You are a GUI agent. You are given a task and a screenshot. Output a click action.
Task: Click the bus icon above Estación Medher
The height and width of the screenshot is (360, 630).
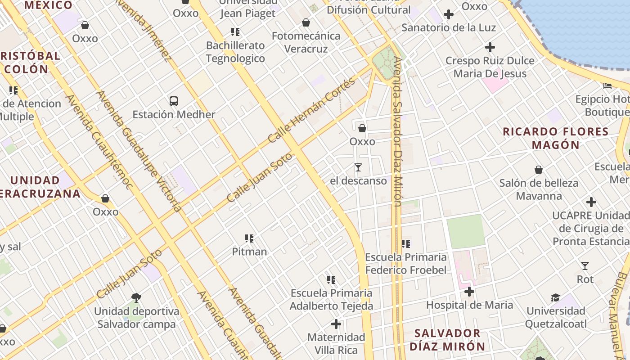pos(174,101)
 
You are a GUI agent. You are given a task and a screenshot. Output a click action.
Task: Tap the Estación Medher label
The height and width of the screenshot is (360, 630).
pos(174,114)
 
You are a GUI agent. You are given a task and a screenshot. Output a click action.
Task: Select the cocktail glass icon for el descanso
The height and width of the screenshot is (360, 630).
pos(358,167)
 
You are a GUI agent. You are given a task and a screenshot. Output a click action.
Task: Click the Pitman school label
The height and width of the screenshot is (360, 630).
pos(249,252)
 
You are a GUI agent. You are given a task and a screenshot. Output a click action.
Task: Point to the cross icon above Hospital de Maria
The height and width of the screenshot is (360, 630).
pos(469,292)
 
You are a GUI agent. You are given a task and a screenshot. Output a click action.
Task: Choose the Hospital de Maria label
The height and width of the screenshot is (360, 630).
pos(469,305)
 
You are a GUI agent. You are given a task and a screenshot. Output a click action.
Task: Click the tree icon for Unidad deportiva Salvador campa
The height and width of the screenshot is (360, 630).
pos(136,298)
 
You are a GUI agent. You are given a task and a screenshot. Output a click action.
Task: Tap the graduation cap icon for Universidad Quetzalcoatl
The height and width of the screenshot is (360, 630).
pos(556,298)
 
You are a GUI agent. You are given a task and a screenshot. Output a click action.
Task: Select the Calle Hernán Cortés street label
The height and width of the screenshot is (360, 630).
pos(312,110)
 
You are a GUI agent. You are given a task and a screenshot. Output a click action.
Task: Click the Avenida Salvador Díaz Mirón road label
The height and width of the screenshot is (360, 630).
pos(397,130)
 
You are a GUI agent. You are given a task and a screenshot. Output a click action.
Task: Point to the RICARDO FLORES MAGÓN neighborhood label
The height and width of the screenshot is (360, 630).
pos(556,138)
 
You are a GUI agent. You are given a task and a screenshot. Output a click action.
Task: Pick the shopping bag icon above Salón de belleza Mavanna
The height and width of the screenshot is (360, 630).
pos(539,170)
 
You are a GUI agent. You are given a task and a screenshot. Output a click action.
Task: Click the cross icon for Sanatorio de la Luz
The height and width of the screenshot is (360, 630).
pos(448,14)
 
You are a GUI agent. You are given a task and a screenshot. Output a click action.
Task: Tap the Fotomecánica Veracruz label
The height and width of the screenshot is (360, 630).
pos(306,42)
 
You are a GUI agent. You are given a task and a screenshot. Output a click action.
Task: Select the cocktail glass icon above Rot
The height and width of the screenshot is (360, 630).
pos(585,266)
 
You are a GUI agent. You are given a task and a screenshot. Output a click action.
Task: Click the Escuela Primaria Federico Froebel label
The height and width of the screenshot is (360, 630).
pos(406,263)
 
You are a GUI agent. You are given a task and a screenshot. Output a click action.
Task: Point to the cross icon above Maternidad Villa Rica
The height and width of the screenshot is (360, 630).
pos(336,324)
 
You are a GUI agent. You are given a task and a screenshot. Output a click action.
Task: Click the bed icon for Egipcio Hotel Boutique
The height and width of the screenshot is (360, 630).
pos(607,85)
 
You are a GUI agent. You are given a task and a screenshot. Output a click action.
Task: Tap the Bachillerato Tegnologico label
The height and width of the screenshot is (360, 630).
pos(235,52)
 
